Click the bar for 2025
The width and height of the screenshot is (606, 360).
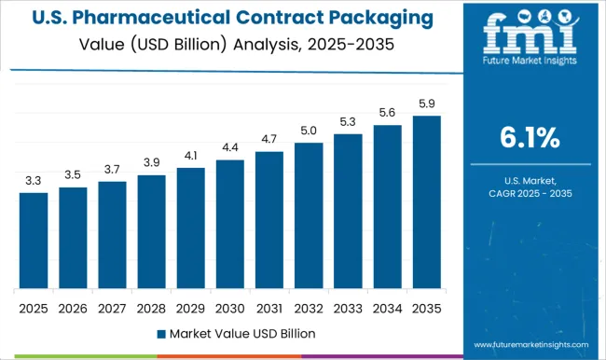(x=33, y=241)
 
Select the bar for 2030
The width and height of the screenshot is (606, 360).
(x=230, y=224)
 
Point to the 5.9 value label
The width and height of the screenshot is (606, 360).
(x=426, y=104)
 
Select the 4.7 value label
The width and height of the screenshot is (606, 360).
(x=269, y=140)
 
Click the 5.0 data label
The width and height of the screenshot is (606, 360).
(x=309, y=131)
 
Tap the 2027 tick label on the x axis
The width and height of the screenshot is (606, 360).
(x=112, y=307)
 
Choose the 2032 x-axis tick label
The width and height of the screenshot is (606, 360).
(x=309, y=307)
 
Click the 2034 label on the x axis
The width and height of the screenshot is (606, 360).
(x=387, y=307)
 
